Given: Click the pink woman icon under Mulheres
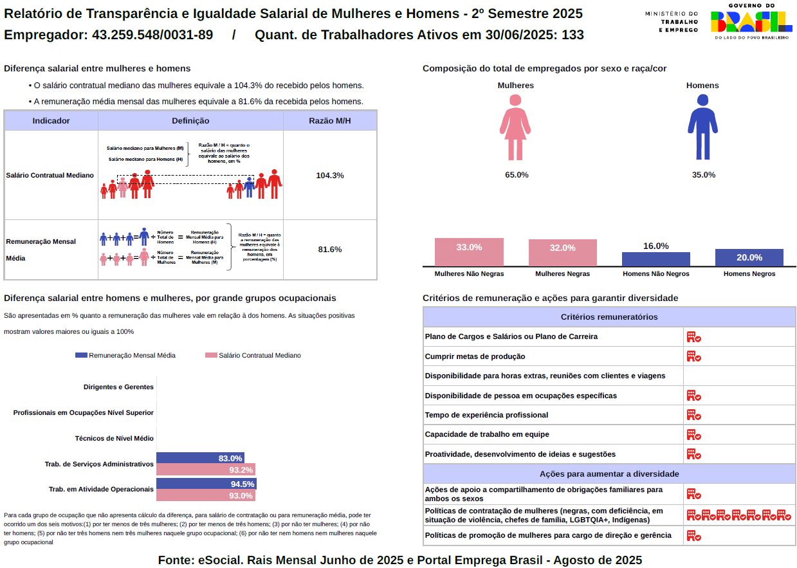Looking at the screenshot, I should pos(515,127).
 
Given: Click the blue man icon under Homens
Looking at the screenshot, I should pos(702,127).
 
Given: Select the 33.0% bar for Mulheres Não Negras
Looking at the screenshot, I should pos(469,252).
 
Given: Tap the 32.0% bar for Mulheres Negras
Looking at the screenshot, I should pos(563,253).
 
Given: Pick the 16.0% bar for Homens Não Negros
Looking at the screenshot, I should pos(655,259).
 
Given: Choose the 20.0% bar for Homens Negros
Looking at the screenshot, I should pos(749,257).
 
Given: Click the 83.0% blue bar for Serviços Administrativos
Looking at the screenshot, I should pos(200,458).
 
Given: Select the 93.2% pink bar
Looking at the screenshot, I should pos(205,470).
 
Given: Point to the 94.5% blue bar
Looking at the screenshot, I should pos(206,484).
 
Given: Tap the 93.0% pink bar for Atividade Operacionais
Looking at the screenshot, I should pos(205,495).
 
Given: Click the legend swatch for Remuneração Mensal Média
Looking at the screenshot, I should pos(81,355).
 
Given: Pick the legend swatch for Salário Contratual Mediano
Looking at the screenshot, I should pos(211,355).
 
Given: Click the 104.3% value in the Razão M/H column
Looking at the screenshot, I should pos(330,175).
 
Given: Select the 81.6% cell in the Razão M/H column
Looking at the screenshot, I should pos(330,249).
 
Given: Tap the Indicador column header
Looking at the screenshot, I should pos(51,121).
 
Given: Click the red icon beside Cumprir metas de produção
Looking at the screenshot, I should pos(693,356).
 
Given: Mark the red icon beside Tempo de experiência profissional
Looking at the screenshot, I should pos(693,415).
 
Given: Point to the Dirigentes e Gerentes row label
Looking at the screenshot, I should pos(118,387).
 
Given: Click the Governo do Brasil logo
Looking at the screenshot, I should pos(751,22).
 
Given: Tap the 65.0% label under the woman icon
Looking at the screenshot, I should pos(517,175).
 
